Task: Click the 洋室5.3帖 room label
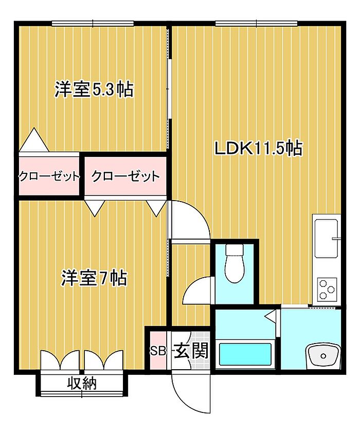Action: (x=94, y=89)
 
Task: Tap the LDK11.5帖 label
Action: (x=259, y=148)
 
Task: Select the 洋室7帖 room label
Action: (x=94, y=278)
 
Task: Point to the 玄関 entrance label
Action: (x=191, y=351)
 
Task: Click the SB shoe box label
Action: (x=158, y=351)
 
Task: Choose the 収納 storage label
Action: (x=82, y=383)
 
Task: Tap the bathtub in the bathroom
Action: (x=245, y=354)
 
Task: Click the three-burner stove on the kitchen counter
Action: (x=327, y=290)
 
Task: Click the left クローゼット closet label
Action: (x=49, y=176)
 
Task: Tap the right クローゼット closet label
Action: (x=125, y=176)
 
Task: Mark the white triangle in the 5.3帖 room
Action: (x=34, y=140)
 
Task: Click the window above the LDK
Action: (x=256, y=23)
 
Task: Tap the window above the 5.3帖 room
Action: (x=93, y=23)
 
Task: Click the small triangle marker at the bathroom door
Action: (x=272, y=316)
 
